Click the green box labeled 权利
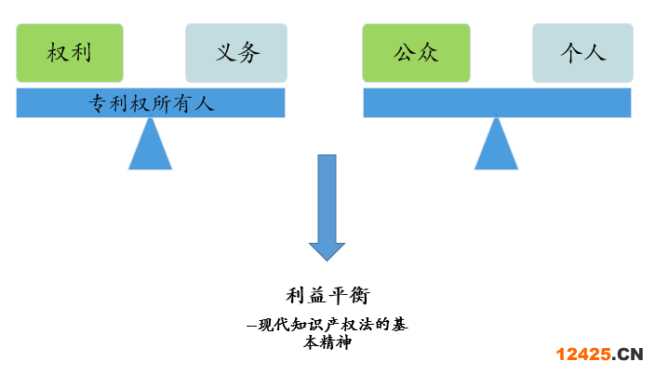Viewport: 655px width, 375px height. click(x=70, y=52)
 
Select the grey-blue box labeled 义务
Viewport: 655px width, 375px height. click(x=236, y=52)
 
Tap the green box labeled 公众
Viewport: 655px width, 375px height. click(x=415, y=52)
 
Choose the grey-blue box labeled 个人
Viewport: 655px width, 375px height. click(x=582, y=52)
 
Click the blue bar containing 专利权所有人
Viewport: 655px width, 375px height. click(x=151, y=103)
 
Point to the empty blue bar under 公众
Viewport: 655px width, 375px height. click(x=497, y=102)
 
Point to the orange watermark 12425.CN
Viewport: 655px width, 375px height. click(x=600, y=354)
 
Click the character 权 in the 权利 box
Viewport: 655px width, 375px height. click(x=58, y=52)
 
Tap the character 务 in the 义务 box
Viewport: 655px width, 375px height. click(x=248, y=52)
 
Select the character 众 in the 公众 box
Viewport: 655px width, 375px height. click(x=427, y=52)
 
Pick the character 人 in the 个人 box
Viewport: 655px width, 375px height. click(x=595, y=52)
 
